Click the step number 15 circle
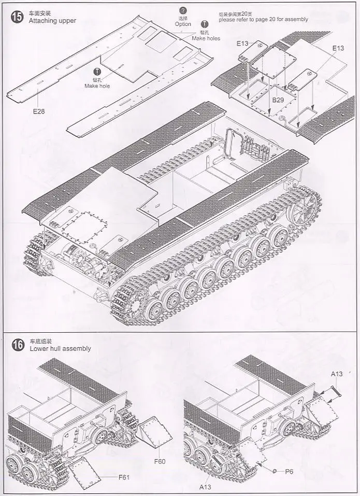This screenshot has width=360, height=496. click(17, 16)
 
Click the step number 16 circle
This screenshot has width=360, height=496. click(17, 345)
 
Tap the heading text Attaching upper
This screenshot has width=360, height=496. click(53, 20)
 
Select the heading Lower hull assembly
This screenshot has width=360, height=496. click(60, 348)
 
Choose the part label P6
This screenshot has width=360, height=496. click(290, 471)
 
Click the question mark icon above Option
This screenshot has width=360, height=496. click(183, 10)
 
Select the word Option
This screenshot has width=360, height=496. click(183, 24)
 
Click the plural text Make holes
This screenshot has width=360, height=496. click(206, 38)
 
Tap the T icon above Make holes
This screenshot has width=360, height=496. click(205, 24)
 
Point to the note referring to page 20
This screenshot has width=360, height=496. click(263, 19)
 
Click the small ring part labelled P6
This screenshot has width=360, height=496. click(275, 471)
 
